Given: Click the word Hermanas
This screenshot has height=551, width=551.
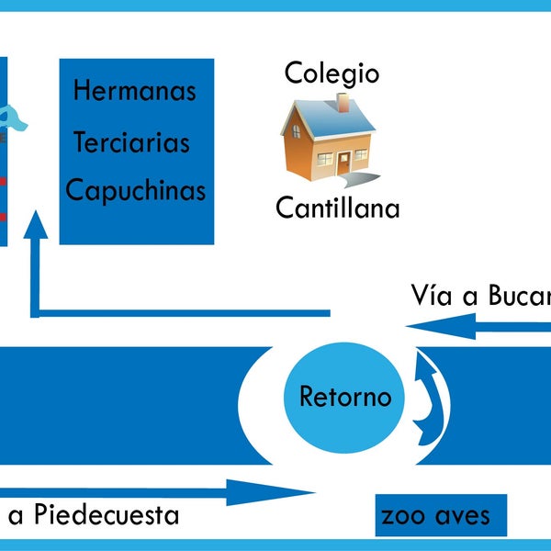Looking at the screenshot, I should click(x=135, y=92).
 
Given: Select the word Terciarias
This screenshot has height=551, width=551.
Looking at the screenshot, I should click(x=131, y=142).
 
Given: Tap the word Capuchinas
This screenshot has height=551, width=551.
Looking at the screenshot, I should click(x=136, y=192).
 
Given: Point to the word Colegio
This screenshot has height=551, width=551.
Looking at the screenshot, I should click(x=332, y=73).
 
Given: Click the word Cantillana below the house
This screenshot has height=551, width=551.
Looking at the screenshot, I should click(x=338, y=208).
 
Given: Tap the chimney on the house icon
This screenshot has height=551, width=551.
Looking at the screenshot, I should click(x=343, y=102).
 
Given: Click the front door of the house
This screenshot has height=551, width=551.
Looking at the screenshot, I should click(x=343, y=163).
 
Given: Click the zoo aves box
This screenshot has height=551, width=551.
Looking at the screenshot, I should click(x=441, y=516).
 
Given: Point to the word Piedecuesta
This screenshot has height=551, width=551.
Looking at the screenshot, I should click(x=106, y=515).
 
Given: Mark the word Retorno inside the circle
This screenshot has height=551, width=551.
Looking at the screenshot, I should click(x=344, y=398).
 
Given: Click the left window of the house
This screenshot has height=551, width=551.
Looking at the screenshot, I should click(x=324, y=158).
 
